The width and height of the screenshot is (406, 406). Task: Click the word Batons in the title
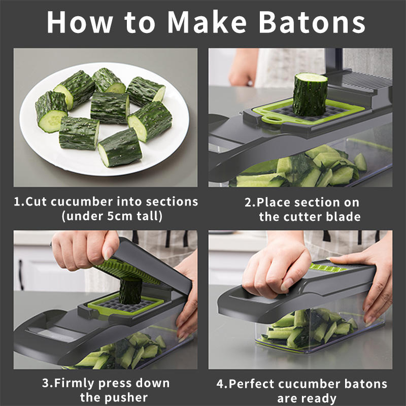click(x=312, y=22)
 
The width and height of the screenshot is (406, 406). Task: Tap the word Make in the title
click(x=207, y=22)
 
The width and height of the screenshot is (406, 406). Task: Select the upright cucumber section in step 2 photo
click(x=310, y=94)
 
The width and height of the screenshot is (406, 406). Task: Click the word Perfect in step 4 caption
click(x=251, y=384)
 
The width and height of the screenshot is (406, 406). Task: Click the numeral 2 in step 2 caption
click(x=248, y=202)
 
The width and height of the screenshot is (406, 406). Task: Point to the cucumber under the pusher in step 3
click(x=130, y=290)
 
